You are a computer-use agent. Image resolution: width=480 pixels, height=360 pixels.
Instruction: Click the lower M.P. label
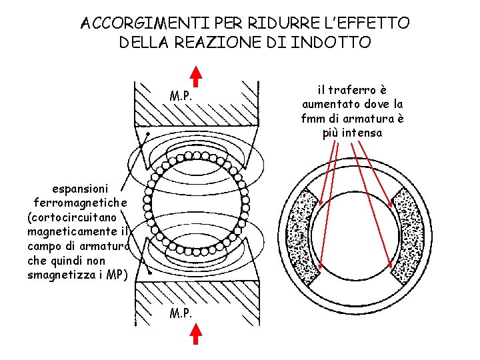point(181,312)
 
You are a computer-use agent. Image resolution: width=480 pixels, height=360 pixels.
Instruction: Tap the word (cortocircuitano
point(72,217)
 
